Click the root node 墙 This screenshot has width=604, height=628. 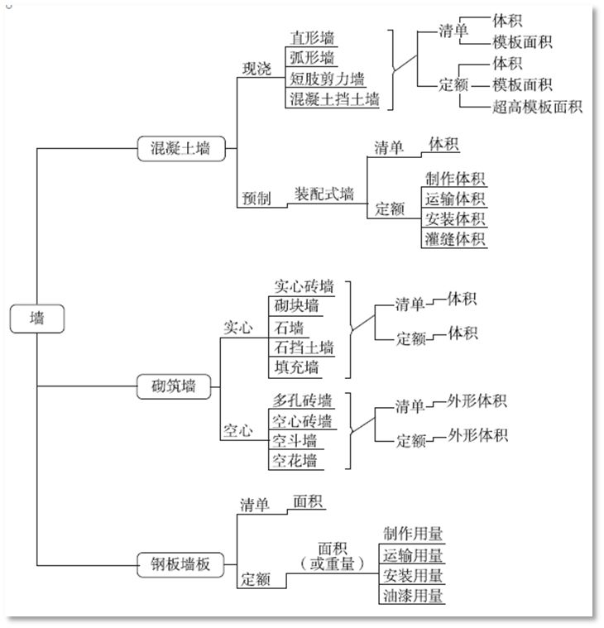[37, 319]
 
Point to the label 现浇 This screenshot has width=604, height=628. [256, 70]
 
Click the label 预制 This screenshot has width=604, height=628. [256, 199]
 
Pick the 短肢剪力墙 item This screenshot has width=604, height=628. [327, 79]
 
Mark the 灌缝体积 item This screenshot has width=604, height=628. [454, 239]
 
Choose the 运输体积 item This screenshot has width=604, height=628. [454, 199]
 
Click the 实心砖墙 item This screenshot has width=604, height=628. [304, 287]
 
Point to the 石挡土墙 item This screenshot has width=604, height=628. [304, 347]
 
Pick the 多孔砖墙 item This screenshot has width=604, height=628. [304, 400]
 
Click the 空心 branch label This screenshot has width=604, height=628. [238, 431]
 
